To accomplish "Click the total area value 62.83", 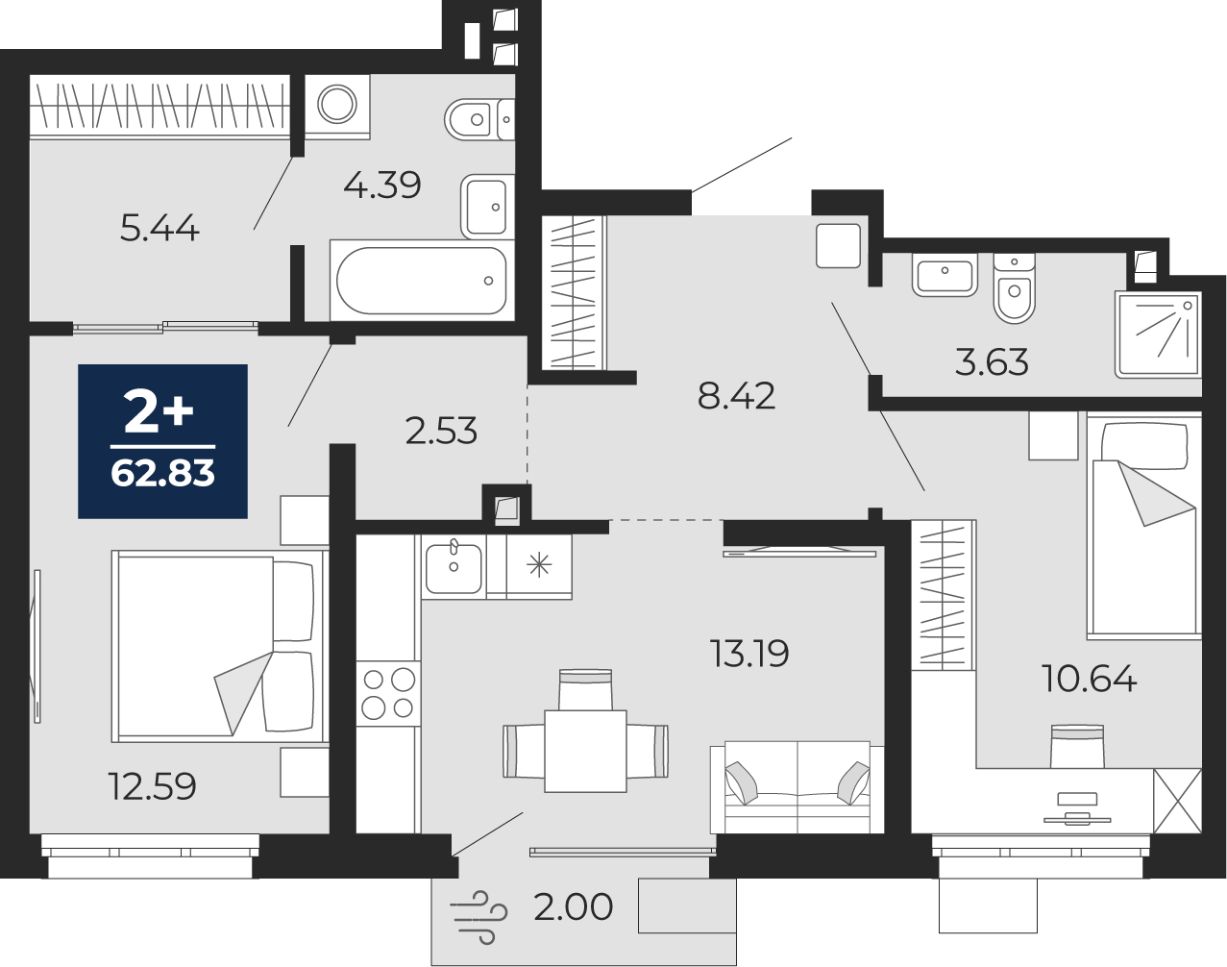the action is click(x=162, y=473).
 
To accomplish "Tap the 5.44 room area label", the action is click(x=160, y=228).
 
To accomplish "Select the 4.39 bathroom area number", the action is click(x=382, y=185).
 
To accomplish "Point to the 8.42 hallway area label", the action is click(x=736, y=396).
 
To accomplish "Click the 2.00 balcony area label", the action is click(x=573, y=906).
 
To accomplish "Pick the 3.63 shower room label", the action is click(x=992, y=361).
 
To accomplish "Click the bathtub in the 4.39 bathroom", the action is click(x=422, y=280).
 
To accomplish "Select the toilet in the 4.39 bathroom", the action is click(x=479, y=120).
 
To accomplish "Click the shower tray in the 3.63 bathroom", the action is click(x=1159, y=335).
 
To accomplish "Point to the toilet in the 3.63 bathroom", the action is click(x=1014, y=288).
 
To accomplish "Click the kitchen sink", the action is click(x=454, y=568).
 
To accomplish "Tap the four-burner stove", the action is click(x=389, y=694).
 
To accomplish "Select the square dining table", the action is click(x=585, y=751).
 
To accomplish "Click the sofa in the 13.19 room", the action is click(x=798, y=787).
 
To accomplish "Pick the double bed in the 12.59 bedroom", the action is click(x=220, y=646).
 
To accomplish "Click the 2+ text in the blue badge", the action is click(x=160, y=413).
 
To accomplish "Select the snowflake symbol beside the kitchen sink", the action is click(x=539, y=566).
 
